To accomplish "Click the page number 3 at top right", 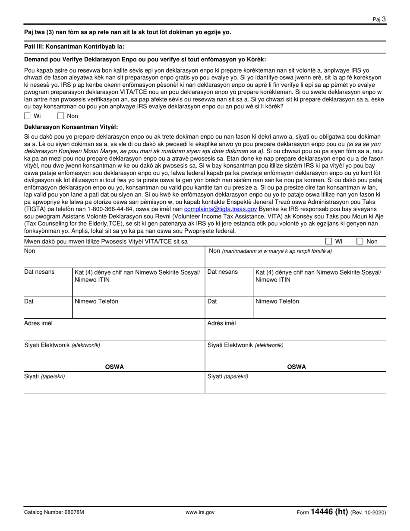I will point(384,19).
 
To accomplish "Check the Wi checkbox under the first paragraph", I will point(27,116).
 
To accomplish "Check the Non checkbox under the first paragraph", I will point(61,116).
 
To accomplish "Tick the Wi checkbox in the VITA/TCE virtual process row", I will point(328,241).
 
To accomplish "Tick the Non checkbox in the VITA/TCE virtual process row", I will point(360,241).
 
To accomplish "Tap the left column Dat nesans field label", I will point(39,272).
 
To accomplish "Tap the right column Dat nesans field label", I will point(222,272).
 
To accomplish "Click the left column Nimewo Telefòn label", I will point(96,301).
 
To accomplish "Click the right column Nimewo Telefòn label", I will point(277,301).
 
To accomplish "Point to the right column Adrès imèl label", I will point(221,323).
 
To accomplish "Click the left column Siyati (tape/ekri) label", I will point(44,376).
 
